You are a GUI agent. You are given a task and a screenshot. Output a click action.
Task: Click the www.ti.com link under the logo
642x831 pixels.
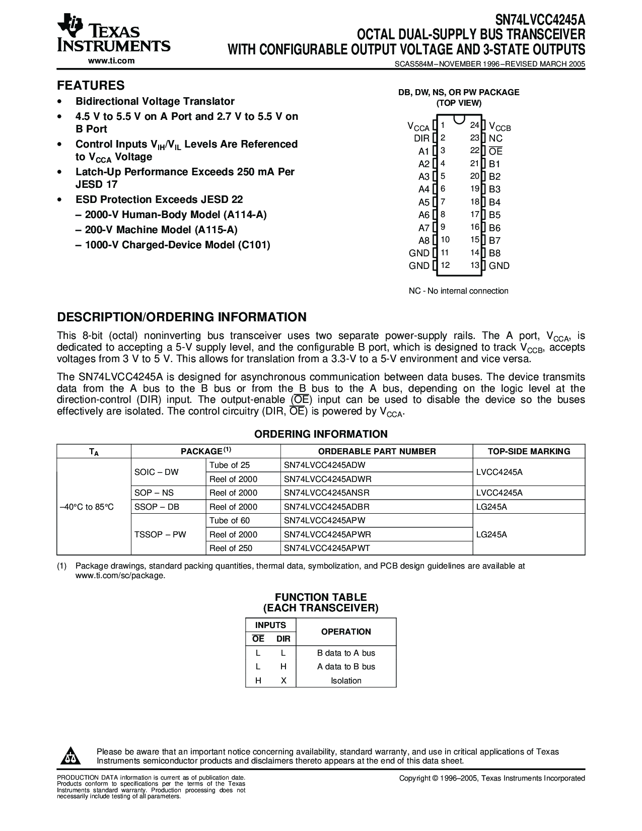coord(111,61)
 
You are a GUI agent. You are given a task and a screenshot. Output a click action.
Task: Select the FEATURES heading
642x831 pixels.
coord(91,85)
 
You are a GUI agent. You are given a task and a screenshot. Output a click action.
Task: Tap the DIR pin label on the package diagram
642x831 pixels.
coord(421,138)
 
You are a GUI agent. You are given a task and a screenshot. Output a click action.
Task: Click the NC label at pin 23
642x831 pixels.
coord(495,138)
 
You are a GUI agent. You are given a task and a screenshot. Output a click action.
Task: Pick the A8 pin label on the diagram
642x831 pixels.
coord(423,241)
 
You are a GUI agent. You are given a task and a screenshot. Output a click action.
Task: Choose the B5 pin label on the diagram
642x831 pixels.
coord(494,215)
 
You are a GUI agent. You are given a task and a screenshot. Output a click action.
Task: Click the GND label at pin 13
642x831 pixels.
coord(499,266)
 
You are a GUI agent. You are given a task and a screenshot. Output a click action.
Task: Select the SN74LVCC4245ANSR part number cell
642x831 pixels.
coord(328,493)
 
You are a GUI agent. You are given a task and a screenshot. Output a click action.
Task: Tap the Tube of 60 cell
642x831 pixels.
coord(230,521)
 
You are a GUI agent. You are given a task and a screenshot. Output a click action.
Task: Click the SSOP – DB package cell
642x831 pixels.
coord(157,507)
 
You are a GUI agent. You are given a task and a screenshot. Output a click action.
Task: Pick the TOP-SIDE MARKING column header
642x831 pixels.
coord(529,451)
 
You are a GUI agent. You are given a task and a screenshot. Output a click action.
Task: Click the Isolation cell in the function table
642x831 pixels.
coord(346,681)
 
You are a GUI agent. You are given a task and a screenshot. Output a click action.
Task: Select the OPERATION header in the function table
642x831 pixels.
coord(346,632)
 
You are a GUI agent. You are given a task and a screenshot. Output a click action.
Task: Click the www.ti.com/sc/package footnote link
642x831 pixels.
coord(120,575)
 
